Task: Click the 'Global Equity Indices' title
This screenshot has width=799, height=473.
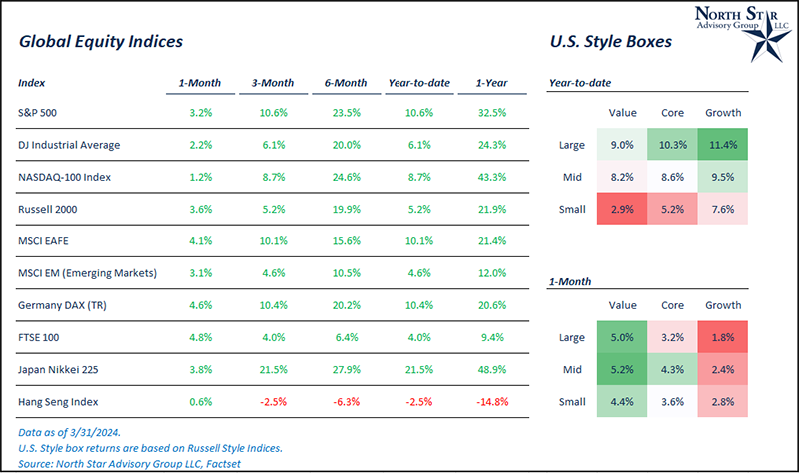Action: [x=100, y=43]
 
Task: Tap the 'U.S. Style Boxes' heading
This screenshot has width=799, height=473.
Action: [x=611, y=43]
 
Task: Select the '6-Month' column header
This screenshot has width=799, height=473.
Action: [x=343, y=82]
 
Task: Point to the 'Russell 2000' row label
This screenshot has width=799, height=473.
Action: [x=49, y=208]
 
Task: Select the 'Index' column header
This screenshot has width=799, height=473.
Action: [x=31, y=82]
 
